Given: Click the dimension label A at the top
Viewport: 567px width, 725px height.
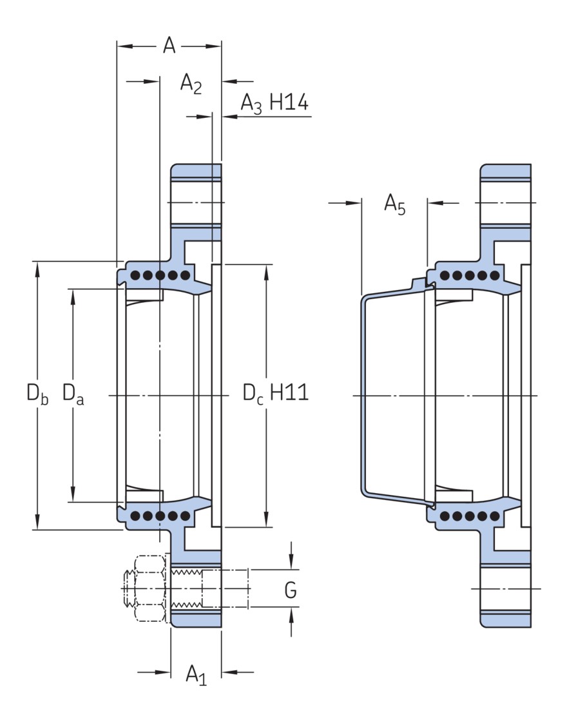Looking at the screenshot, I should pos(169,46).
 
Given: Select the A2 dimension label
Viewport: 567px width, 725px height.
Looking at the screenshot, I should pos(191,84).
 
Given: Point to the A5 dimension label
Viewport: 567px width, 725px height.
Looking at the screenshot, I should pos(394,204).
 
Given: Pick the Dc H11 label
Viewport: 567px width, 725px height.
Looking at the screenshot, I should pos(275,392).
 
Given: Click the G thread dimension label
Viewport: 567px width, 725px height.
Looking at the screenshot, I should pos(291,590).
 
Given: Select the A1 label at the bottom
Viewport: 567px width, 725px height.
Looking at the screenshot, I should pos(196,674).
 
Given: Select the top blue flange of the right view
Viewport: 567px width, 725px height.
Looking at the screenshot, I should pos(506,173).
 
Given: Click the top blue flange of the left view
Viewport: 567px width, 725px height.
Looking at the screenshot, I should pos(197,173).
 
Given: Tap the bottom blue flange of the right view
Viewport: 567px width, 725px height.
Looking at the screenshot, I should pos(506,617).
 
